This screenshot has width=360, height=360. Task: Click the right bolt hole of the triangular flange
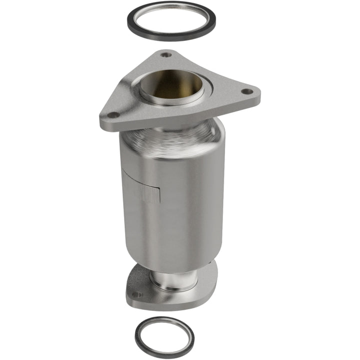(245, 91)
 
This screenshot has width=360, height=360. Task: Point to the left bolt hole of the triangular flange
(113, 115)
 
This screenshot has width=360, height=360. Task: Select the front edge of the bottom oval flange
(165, 302)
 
